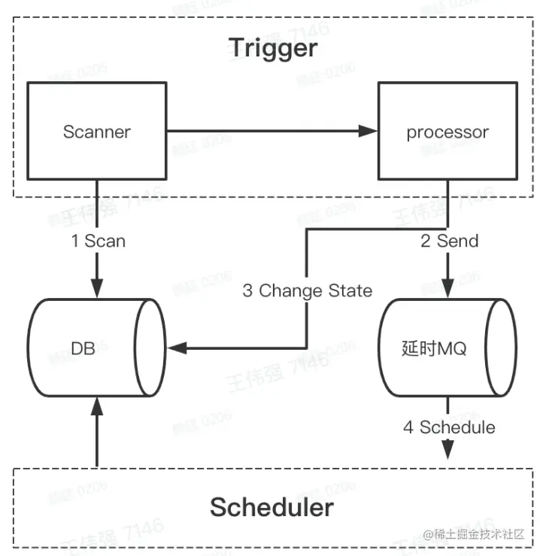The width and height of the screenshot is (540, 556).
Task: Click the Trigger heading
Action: coord(273,49)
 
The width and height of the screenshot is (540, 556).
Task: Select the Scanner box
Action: coord(96,132)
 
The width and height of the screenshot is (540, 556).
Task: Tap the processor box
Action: coord(447,132)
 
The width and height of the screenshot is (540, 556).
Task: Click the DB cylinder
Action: coord(96,348)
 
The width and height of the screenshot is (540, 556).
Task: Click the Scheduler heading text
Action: coord(272,506)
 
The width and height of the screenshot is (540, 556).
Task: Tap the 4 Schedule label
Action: coord(449,427)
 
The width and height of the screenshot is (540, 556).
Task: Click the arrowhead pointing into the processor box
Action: coord(368,131)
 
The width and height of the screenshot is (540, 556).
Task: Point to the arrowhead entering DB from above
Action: coord(96,289)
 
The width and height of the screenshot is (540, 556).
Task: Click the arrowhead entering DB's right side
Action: coord(178,348)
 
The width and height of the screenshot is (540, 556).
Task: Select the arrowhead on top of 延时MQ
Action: coord(448,289)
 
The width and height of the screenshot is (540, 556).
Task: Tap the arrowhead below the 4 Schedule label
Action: coord(448,451)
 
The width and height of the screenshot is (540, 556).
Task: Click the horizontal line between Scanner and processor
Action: coord(263,131)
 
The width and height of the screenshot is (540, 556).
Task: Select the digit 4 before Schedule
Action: coord(408,427)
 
